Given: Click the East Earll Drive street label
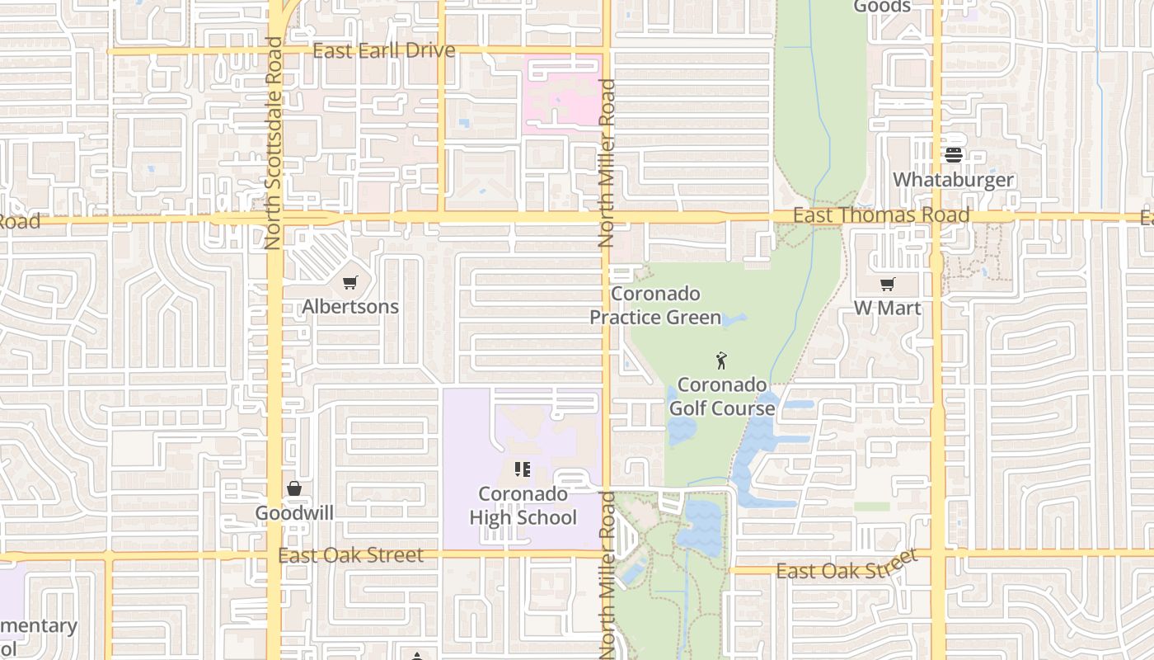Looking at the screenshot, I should point(383,50).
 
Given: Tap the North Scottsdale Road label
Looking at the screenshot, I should point(273,143).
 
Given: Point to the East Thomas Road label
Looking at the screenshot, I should point(880,215).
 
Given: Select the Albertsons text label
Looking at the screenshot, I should point(350,307).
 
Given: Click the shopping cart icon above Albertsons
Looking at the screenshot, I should point(350,283).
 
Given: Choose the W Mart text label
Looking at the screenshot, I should point(887,308).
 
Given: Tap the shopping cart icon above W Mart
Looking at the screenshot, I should point(887,285).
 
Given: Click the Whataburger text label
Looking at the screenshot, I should point(953,180).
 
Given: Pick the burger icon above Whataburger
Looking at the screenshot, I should point(954,155).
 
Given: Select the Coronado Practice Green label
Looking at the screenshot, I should point(655,305).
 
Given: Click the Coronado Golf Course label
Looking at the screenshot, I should point(722,396).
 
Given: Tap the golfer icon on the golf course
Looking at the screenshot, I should point(721,361).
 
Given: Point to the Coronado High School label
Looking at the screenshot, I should point(523,505).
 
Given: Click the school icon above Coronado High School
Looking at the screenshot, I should point(522,469).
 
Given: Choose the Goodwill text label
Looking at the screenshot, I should point(294,513).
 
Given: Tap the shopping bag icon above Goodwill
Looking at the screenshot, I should point(294,488).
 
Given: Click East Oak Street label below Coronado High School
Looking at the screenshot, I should point(351,555).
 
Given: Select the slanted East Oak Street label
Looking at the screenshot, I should point(847,567).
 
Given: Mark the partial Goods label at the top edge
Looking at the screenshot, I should point(882,7).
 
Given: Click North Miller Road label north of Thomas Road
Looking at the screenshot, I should point(607,163).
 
